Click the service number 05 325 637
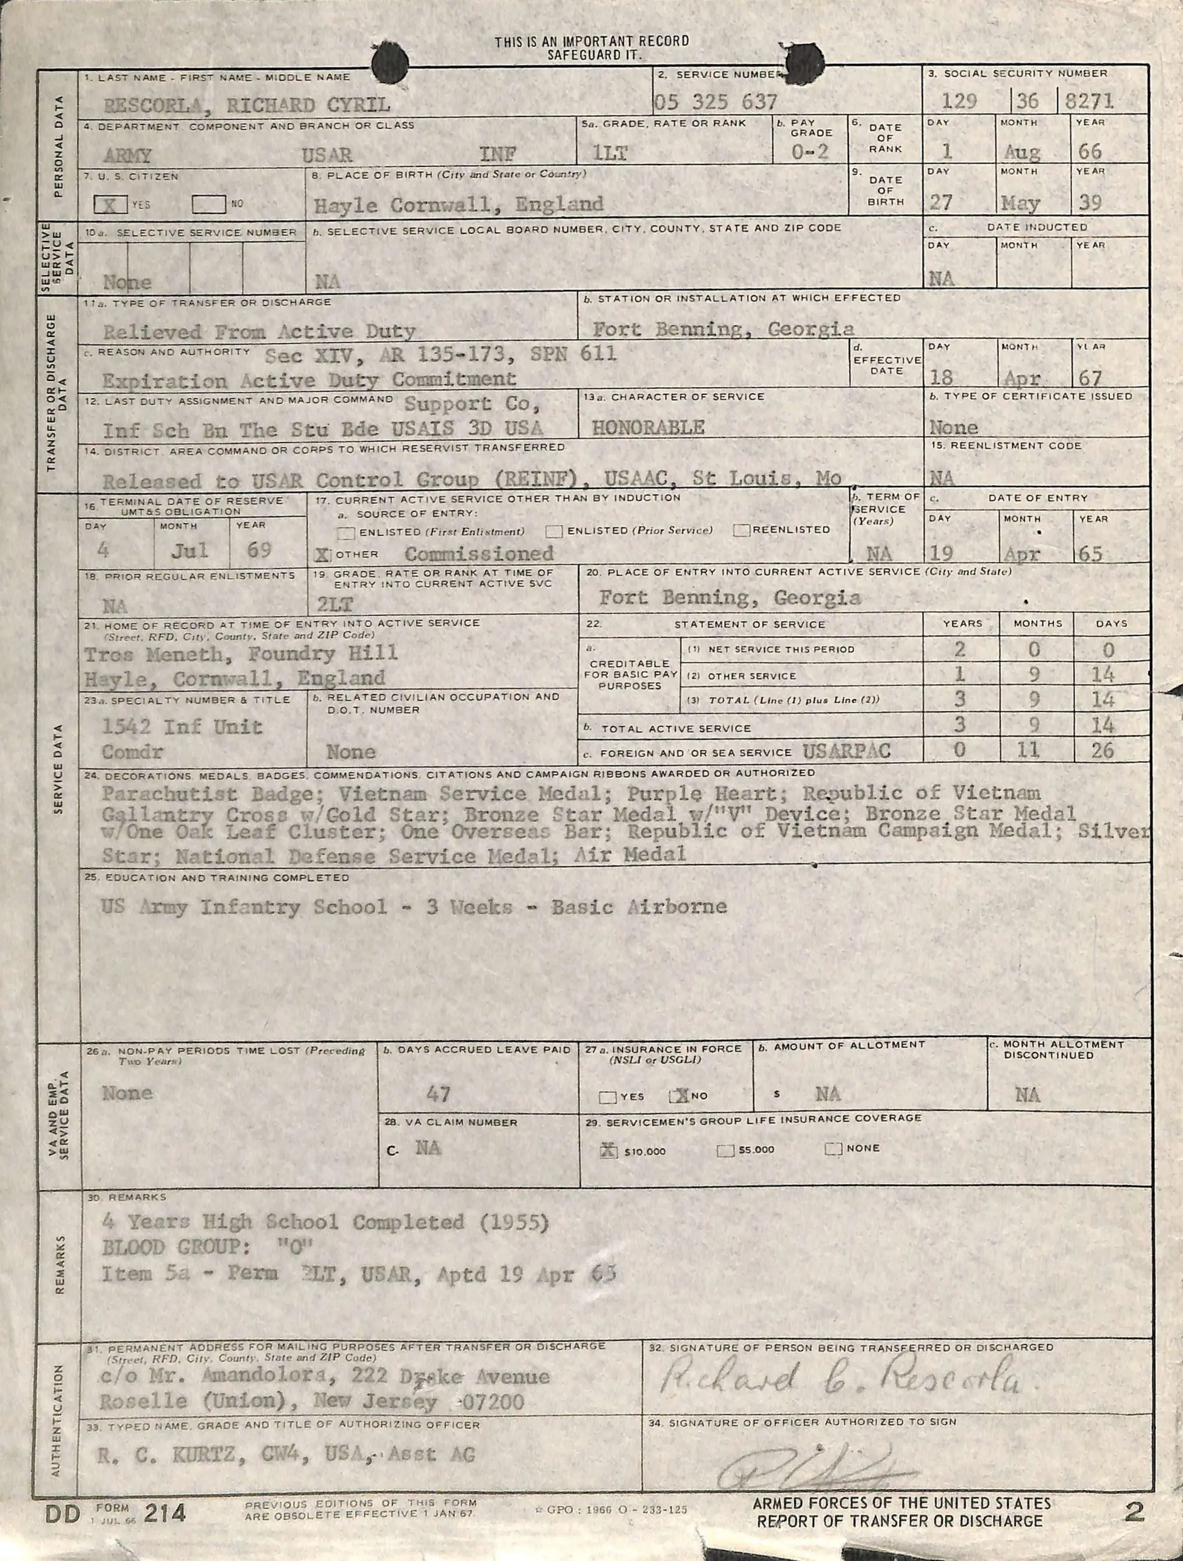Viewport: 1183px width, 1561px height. (716, 102)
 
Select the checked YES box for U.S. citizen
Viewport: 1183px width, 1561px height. (111, 204)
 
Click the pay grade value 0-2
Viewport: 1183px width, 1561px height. (809, 152)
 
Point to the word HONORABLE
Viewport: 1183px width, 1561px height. (648, 427)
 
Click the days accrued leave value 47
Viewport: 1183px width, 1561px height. (438, 1094)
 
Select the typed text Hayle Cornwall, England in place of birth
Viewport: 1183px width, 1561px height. (458, 205)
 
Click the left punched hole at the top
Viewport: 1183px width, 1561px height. (389, 62)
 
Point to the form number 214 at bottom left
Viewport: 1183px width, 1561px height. (165, 1512)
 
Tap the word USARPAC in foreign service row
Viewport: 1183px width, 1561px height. (846, 751)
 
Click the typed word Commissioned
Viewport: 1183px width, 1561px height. (479, 553)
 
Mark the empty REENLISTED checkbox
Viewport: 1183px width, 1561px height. (741, 530)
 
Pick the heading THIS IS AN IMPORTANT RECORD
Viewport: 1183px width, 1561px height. (591, 41)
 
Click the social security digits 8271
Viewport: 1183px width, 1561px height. (1089, 101)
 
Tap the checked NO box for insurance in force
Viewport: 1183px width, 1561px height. (680, 1096)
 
